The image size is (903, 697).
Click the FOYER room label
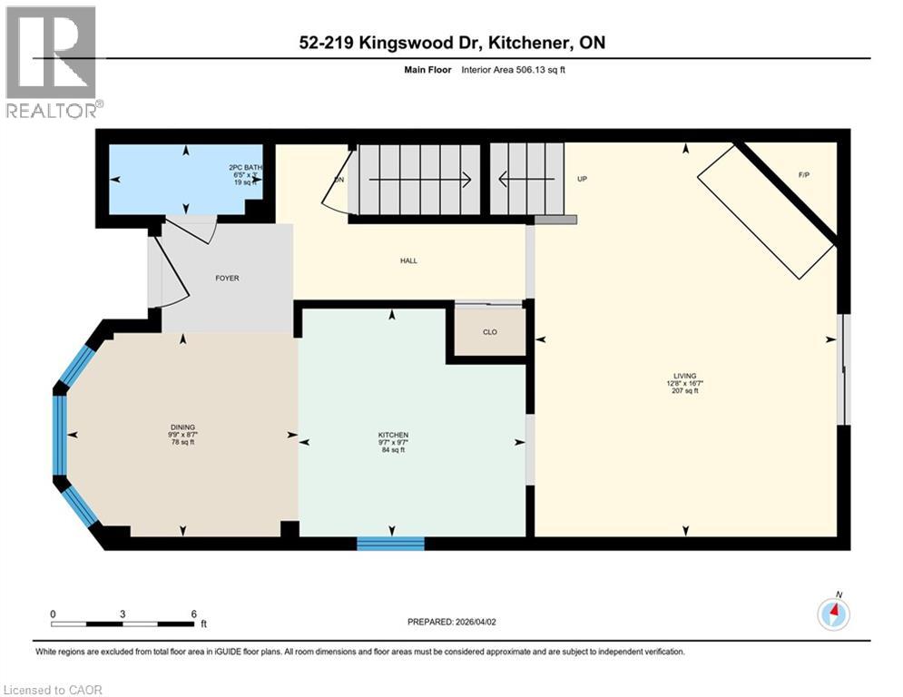[227, 278]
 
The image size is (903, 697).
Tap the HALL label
[408, 260]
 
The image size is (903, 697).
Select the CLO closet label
[489, 332]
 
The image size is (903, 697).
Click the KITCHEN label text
[393, 435]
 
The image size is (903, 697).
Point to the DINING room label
[182, 427]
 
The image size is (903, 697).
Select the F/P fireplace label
[803, 173]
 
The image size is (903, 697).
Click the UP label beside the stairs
[583, 179]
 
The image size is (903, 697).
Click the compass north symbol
[833, 614]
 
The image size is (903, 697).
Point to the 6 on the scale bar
[192, 614]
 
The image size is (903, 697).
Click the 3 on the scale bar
[123, 614]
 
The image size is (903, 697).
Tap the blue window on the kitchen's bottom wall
[390, 544]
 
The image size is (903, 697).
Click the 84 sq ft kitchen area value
[393, 450]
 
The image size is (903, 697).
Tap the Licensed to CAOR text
[53, 690]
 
